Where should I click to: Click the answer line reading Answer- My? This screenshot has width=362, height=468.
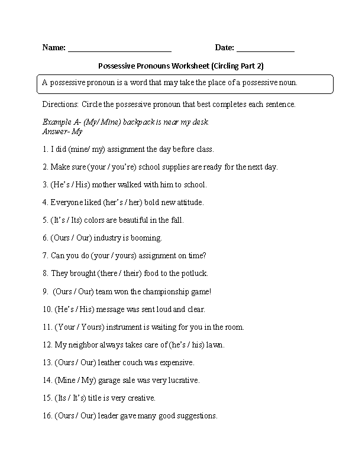[62, 131]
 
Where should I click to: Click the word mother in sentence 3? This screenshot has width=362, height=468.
[105, 185]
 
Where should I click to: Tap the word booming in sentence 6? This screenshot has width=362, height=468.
[147, 238]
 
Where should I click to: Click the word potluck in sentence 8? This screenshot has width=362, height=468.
[194, 274]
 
